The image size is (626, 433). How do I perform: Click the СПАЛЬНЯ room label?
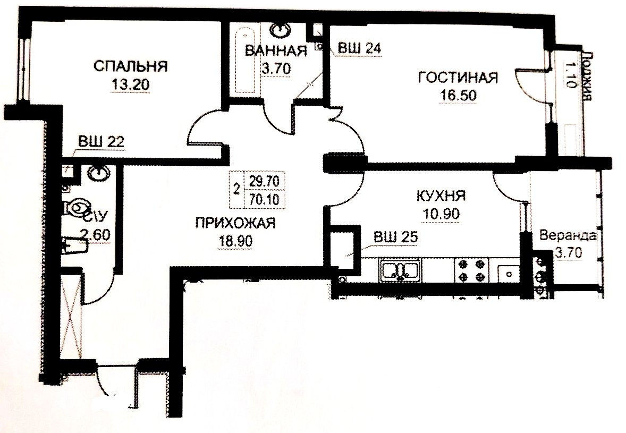[131, 66]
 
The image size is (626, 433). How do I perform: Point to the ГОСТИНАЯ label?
[458, 78]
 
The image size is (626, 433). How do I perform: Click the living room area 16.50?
[458, 96]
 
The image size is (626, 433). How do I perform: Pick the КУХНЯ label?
[441, 196]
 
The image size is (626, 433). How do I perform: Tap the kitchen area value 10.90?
[441, 214]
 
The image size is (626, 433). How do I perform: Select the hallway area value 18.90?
[235, 241]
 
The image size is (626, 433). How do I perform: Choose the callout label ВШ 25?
[395, 237]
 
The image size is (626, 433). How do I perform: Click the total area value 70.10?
[264, 198]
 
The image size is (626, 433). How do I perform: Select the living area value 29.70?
[264, 181]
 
